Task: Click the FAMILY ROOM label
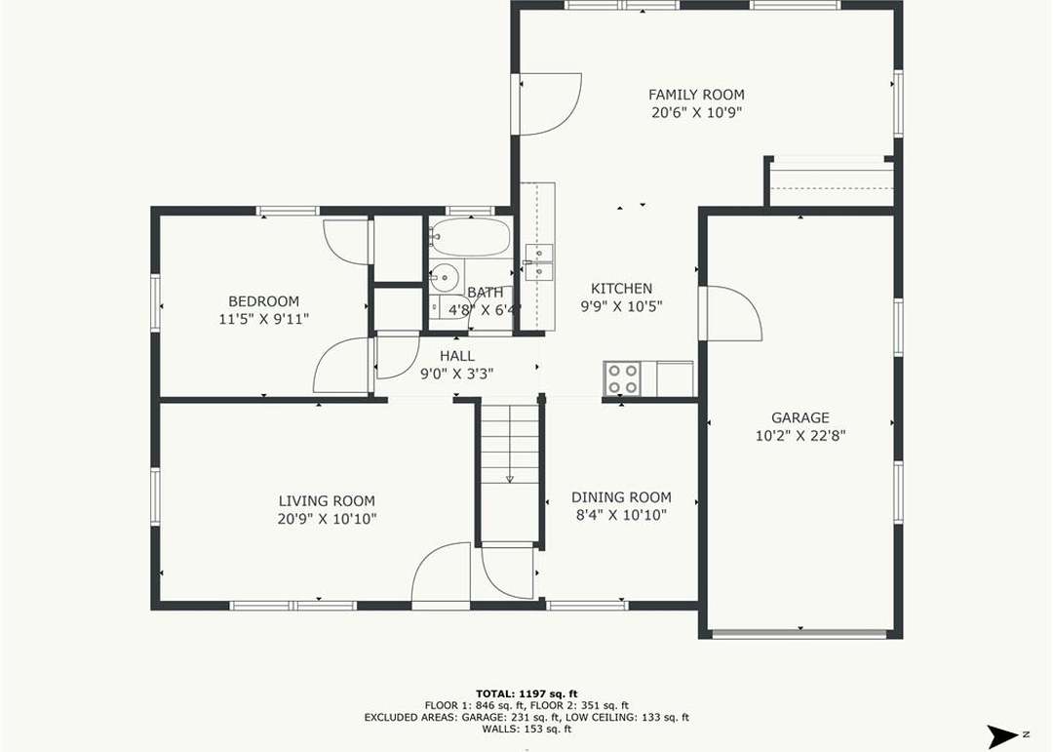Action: click(696, 95)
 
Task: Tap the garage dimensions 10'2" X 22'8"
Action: click(799, 435)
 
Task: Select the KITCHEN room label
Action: click(621, 289)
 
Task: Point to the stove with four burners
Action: click(622, 379)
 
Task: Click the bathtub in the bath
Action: click(470, 237)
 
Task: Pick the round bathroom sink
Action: click(444, 276)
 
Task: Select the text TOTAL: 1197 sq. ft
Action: click(526, 693)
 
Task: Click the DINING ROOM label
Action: click(621, 497)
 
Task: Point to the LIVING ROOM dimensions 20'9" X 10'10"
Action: click(327, 519)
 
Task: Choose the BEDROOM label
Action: click(263, 301)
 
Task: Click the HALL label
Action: click(457, 356)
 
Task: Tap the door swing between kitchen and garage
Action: click(730, 314)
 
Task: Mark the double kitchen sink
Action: click(539, 262)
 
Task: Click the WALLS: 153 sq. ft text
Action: click(526, 729)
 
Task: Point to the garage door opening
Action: click(799, 633)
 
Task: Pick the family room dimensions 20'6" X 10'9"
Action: click(696, 112)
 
